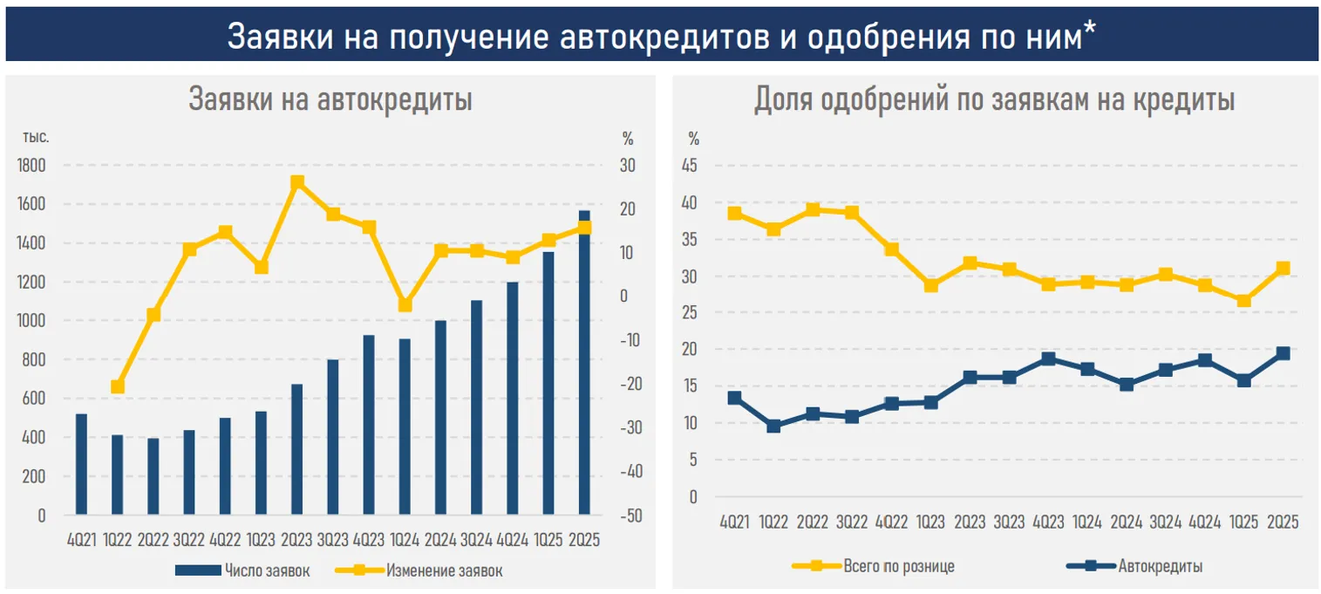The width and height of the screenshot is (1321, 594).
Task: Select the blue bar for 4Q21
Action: coord(81,464)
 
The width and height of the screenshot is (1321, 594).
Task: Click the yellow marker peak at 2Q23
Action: coord(297,182)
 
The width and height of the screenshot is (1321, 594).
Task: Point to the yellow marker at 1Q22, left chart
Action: coord(118,386)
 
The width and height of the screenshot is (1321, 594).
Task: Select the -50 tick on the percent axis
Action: coord(631,515)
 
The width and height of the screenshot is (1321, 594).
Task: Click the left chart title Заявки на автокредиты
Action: coord(330,99)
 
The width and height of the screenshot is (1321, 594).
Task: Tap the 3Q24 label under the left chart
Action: coord(476,540)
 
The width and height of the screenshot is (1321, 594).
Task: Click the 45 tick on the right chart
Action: coord(693,167)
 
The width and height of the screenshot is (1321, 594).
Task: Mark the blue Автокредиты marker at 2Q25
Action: coord(1283,353)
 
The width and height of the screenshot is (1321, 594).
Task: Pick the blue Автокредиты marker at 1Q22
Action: coord(773,427)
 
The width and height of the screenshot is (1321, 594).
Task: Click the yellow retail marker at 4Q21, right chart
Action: coord(735,213)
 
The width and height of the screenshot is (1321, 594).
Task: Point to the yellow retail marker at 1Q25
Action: coord(1244,301)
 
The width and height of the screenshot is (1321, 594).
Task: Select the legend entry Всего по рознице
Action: coord(899,566)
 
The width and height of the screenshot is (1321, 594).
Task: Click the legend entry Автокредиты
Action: coord(1160,566)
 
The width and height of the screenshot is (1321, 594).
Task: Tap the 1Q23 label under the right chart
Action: coord(930,522)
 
